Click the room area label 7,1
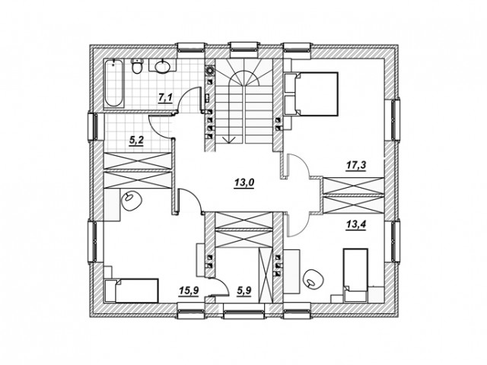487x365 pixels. pos(165,97)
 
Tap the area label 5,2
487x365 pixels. pos(136,141)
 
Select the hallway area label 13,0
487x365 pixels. pos(244,182)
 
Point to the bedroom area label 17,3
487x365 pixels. pos(356,165)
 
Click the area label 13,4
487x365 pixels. pos(356,224)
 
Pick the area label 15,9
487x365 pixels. pos(189,290)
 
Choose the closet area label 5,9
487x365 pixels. pos(244,290)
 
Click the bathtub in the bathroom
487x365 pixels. pos(113,84)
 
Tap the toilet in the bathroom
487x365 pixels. pos(137,66)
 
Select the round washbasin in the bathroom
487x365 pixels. pos(162,66)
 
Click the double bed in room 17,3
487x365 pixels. pos(311,94)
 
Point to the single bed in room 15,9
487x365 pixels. pos(132,290)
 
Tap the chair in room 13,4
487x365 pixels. pos(313,278)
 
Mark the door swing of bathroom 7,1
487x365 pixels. pos(188,100)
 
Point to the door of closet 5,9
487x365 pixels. pos(221,287)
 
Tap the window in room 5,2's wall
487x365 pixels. pos(93,127)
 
